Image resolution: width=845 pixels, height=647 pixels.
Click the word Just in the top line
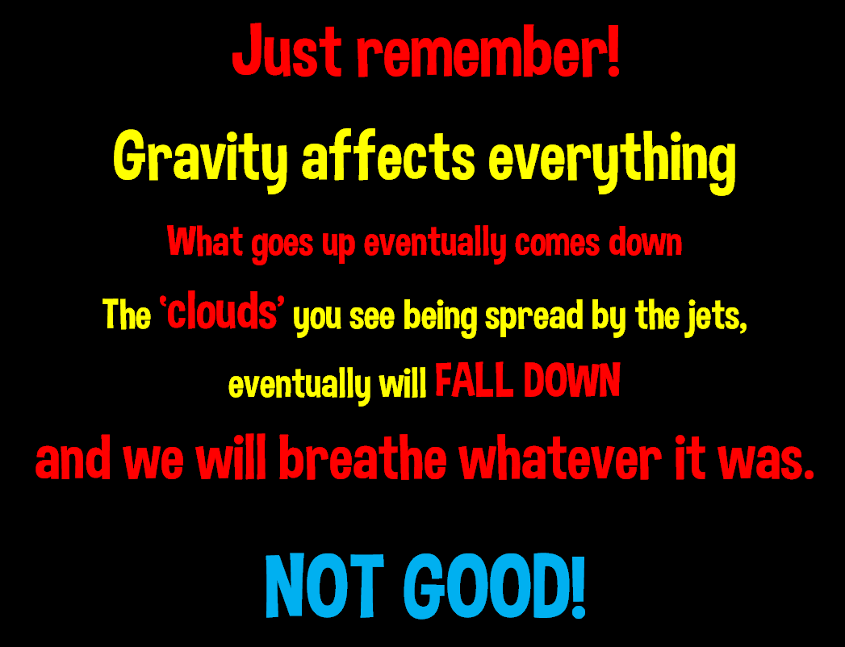point(287,50)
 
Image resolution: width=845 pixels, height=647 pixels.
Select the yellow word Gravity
point(200,158)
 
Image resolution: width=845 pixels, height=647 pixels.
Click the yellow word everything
point(613,160)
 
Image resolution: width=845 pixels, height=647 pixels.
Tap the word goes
point(282,246)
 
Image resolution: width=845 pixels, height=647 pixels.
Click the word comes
point(557,244)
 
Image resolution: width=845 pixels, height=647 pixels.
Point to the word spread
point(534,317)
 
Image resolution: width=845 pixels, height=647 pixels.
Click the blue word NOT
point(325,586)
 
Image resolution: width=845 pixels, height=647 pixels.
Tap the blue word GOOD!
point(495,586)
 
